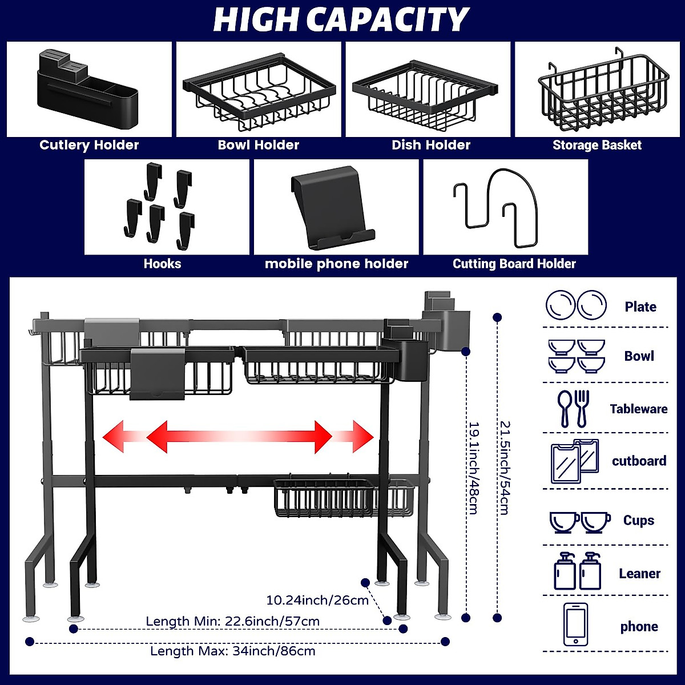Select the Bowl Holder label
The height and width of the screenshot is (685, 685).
258,145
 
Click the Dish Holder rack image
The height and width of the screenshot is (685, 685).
425,94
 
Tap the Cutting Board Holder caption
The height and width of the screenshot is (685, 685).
514,264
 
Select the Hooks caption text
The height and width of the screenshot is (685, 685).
162,264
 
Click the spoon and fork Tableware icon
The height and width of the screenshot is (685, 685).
573,408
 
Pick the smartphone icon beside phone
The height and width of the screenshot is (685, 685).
575,624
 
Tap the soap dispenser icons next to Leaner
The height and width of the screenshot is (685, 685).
577,571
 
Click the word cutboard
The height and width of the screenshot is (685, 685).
639,461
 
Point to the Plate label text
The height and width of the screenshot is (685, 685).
640,307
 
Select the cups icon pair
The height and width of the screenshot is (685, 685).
579,521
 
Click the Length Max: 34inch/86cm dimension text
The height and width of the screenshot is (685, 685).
232,651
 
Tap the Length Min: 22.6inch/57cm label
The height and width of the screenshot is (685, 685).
232,621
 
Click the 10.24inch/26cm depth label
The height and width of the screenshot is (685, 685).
317,600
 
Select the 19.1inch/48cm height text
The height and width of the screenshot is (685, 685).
473,468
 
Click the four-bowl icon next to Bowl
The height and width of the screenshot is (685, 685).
576,356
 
